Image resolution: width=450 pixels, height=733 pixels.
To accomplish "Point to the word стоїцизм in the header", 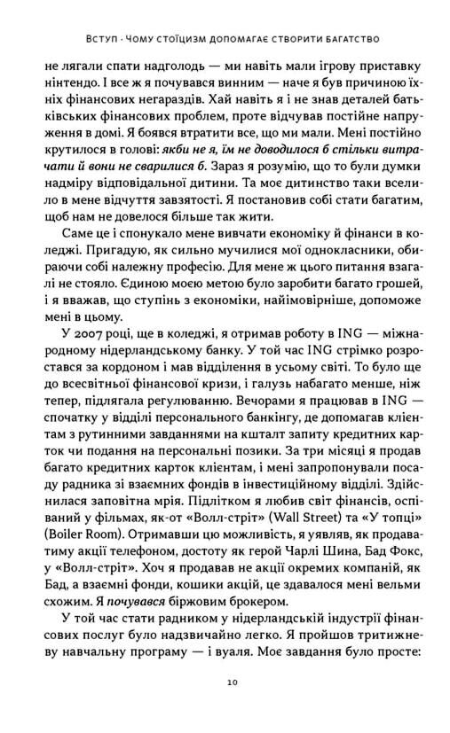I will pos(174,38).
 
